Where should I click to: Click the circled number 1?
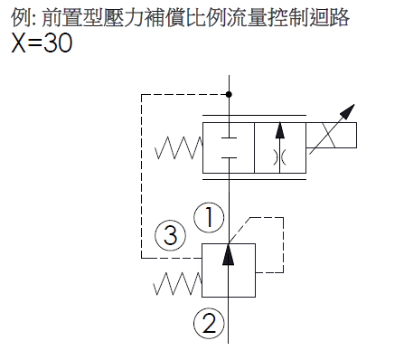208,216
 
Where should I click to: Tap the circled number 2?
208,321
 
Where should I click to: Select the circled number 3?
168,237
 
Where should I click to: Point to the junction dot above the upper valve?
229,94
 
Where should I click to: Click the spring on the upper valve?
178,147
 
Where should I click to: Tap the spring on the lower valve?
176,283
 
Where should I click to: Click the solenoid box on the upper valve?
331,137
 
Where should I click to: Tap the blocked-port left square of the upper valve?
229,147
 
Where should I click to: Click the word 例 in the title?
19,17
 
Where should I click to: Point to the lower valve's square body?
228,269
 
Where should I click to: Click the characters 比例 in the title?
210,17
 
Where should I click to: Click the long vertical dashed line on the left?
140,172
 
